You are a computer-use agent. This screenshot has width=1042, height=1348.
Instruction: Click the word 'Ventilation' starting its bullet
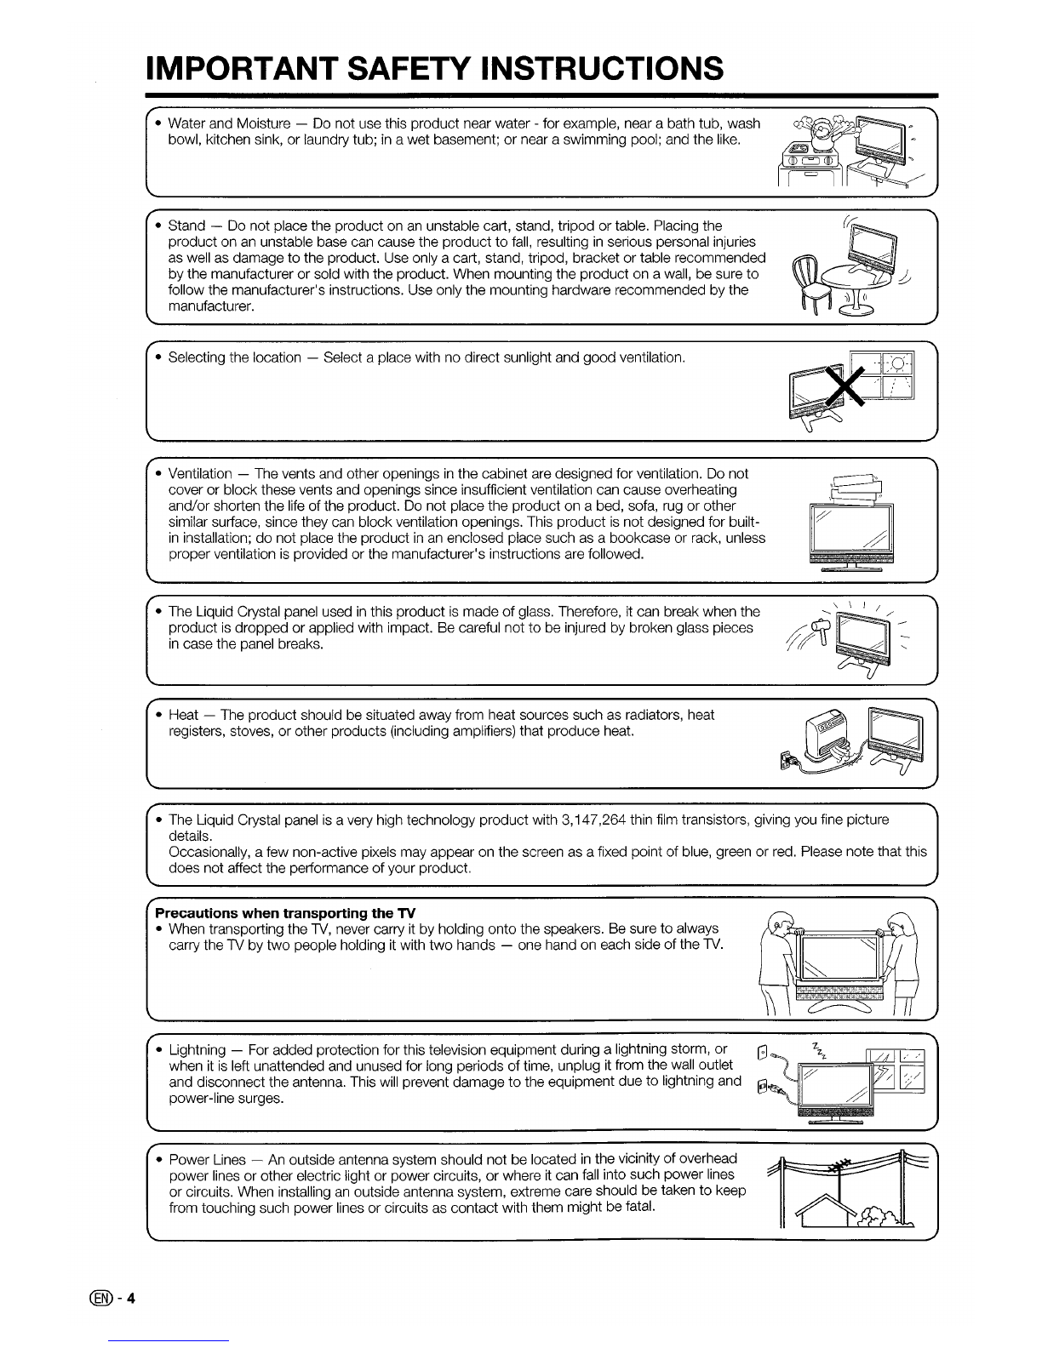coord(200,473)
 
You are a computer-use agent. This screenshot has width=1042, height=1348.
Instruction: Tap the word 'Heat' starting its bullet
coord(184,715)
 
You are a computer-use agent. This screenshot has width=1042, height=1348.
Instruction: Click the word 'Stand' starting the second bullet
coord(187,226)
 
